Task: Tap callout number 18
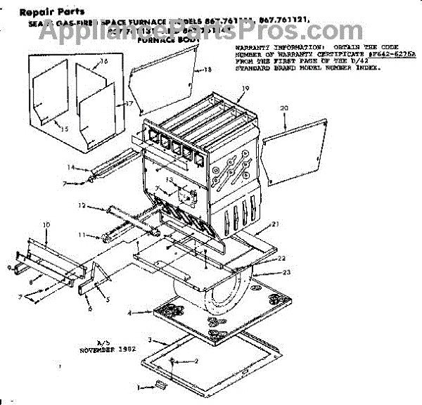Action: tap(207, 70)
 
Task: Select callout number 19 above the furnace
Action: tap(245, 89)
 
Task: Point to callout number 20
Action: tap(284, 108)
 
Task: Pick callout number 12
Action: tap(82, 206)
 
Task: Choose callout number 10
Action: tap(46, 224)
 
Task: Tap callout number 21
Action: tap(276, 224)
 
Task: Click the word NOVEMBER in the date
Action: tap(97, 349)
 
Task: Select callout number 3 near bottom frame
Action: tap(151, 340)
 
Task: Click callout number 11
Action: tap(81, 234)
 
